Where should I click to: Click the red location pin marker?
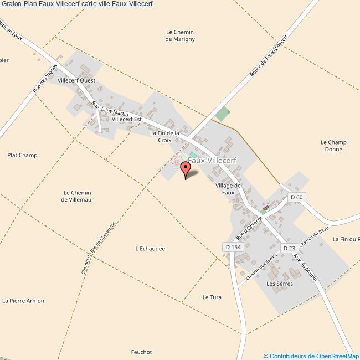(x=186, y=169)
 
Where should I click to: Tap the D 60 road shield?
(x=297, y=197)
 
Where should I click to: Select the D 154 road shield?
(x=233, y=246)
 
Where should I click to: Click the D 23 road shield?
(x=289, y=248)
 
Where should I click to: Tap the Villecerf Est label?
(x=127, y=119)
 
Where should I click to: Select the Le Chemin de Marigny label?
(x=180, y=35)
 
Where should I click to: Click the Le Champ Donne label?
(x=333, y=146)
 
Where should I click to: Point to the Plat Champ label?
(x=22, y=155)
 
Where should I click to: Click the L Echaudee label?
(x=150, y=249)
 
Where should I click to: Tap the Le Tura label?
(x=212, y=297)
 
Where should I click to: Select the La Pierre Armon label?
(x=23, y=301)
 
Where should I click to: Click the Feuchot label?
(x=141, y=352)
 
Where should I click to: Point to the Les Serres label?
(x=279, y=284)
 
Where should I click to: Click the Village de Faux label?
(x=228, y=189)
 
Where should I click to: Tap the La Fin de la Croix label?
(x=164, y=137)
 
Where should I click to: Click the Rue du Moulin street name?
(x=305, y=268)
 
